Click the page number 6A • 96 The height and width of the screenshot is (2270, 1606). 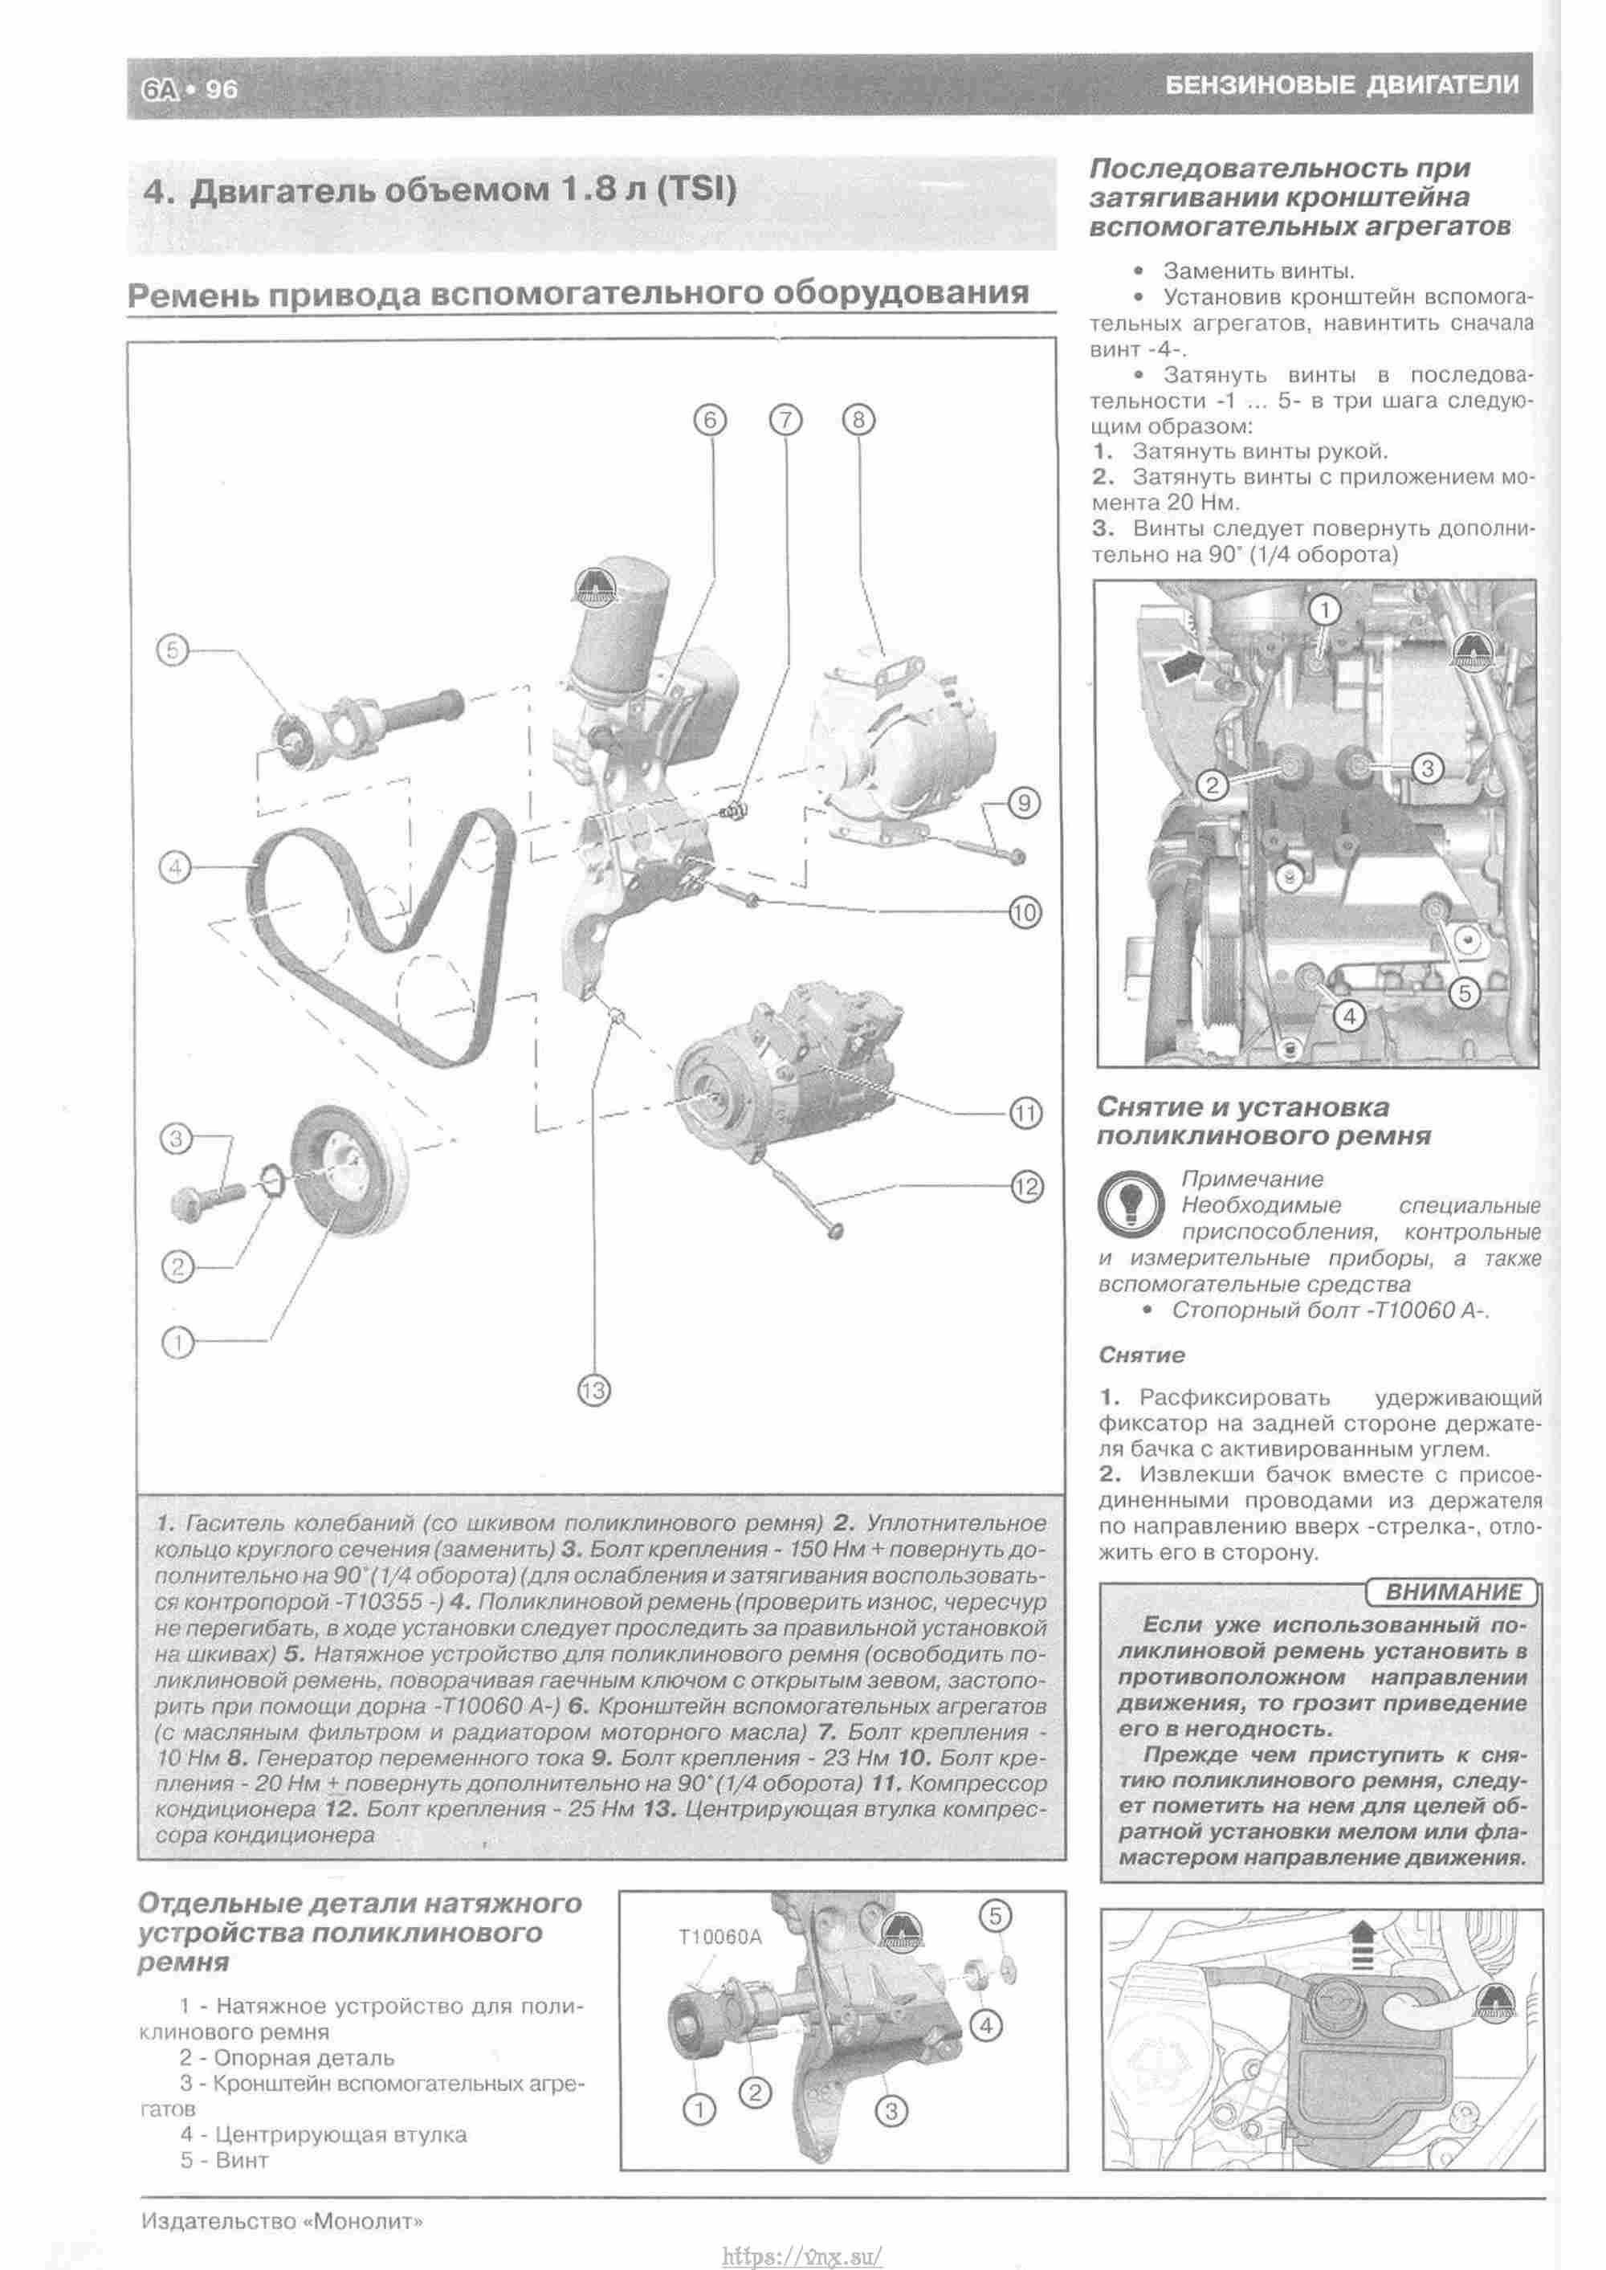(x=189, y=89)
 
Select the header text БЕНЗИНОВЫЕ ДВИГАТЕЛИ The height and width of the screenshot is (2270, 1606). (x=1342, y=85)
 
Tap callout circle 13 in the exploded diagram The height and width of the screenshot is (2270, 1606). (x=594, y=1391)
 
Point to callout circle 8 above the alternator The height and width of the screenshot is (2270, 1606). (x=858, y=420)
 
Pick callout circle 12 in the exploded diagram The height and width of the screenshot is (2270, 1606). (x=1026, y=1185)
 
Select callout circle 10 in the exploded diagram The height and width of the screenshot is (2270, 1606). (x=1025, y=911)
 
